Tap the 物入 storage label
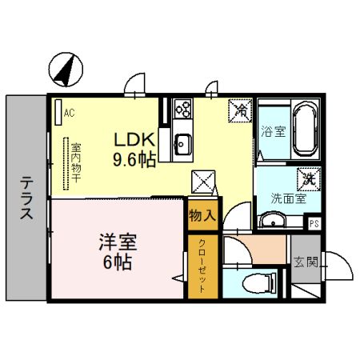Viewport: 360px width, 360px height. (202, 214)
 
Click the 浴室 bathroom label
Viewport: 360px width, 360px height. (274, 132)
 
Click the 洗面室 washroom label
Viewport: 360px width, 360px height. (282, 199)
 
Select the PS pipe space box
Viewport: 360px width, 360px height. (314, 223)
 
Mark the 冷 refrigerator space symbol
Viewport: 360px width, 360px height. (240, 109)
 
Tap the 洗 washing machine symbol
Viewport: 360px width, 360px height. (307, 179)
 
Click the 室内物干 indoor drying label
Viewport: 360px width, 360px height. (75, 162)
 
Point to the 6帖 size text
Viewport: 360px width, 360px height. (117, 261)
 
